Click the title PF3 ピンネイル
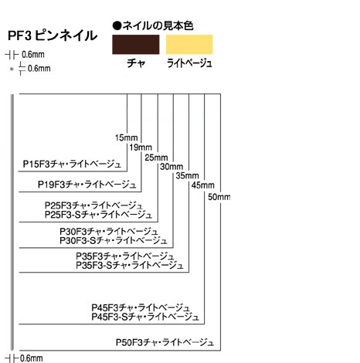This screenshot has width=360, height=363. pyautogui.click(x=53, y=36)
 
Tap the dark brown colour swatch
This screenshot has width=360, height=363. pyautogui.click(x=136, y=45)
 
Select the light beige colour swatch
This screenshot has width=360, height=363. pyautogui.click(x=189, y=45)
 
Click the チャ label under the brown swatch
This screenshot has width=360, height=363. pyautogui.click(x=136, y=63)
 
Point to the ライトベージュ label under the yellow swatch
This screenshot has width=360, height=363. pyautogui.click(x=189, y=63)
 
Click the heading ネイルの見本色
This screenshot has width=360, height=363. pyautogui.click(x=153, y=25)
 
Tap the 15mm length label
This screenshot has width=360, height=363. pyautogui.click(x=126, y=137)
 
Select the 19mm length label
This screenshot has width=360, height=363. pyautogui.click(x=141, y=148)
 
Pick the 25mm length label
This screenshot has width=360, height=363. pyautogui.click(x=156, y=158)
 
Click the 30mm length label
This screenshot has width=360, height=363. pyautogui.click(x=172, y=167)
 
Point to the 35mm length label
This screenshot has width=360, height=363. pyautogui.click(x=187, y=176)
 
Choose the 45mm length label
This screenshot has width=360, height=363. pyautogui.click(x=203, y=185)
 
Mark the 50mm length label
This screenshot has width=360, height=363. pyautogui.click(x=219, y=197)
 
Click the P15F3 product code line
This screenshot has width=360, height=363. pyautogui.click(x=72, y=164)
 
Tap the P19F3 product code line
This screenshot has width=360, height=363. pyautogui.click(x=87, y=185)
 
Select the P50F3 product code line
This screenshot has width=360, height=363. pyautogui.click(x=165, y=342)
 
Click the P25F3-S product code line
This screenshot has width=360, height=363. pyautogui.click(x=98, y=215)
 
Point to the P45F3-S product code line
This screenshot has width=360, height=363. pyautogui.click(x=145, y=317)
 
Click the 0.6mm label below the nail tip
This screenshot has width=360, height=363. pyautogui.click(x=32, y=358)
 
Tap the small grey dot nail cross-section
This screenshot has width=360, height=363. pyautogui.click(x=12, y=69)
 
